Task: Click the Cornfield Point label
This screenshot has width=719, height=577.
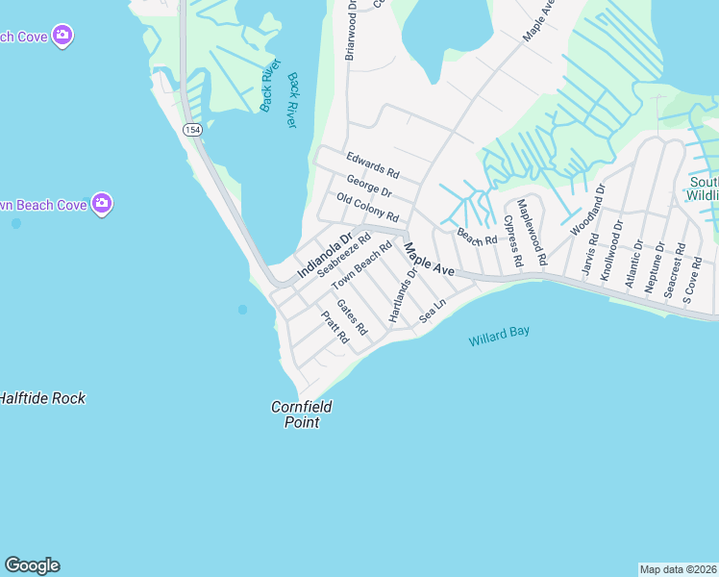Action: (x=301, y=414)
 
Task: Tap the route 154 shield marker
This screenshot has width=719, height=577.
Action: (x=192, y=130)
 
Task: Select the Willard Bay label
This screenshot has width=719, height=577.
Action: (x=499, y=337)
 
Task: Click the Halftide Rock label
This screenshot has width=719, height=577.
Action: (x=42, y=398)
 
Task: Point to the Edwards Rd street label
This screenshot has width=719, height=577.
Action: (x=372, y=165)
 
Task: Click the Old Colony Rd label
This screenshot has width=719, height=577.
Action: (x=367, y=206)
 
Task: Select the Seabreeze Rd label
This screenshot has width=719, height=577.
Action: (x=344, y=256)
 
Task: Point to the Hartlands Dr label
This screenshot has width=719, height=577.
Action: (x=403, y=294)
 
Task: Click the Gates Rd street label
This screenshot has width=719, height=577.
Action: (x=352, y=316)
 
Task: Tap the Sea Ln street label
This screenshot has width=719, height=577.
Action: (x=434, y=311)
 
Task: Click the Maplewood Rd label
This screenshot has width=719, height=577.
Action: (x=532, y=232)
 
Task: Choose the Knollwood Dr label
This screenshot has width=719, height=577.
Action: (x=612, y=249)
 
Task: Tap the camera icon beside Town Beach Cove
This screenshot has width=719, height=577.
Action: (x=102, y=204)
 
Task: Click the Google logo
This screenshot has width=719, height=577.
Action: (x=32, y=565)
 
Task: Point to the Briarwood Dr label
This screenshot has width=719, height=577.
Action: (x=351, y=30)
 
